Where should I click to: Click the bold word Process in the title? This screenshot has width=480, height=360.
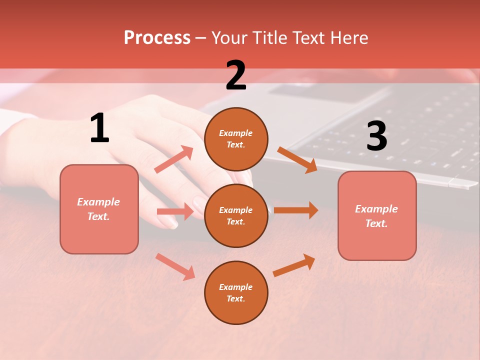tap(157, 38)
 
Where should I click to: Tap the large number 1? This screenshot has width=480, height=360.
tap(99, 128)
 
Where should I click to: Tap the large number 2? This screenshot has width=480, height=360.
tap(236, 75)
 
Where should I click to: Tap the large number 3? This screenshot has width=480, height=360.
tap(376, 136)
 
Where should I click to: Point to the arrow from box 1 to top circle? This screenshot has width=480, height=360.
tap(174, 159)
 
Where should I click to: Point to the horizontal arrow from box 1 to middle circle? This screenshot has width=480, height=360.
tap(175, 211)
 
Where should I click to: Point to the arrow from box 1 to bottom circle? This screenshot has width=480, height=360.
tap(175, 266)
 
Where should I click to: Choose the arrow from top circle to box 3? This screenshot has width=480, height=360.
tap(297, 160)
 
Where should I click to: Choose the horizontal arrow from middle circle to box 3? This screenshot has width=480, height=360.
tap(296, 210)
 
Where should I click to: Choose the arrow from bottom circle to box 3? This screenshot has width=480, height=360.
tap(294, 265)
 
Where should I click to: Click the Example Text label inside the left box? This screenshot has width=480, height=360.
tap(98, 209)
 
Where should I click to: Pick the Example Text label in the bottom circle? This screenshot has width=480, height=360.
tap(235, 292)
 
